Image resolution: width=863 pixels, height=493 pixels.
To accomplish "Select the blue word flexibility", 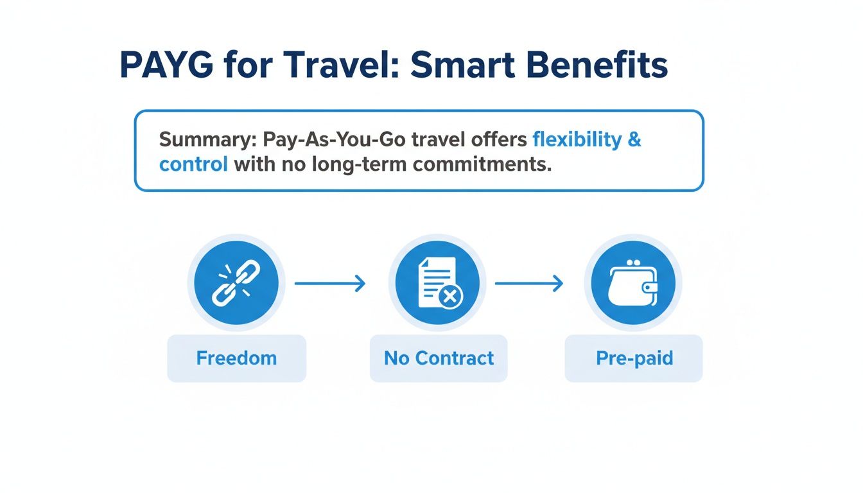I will (577, 140).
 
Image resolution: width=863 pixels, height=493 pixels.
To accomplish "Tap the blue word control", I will (193, 164).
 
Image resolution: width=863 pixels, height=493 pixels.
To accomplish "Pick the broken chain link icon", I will (236, 283).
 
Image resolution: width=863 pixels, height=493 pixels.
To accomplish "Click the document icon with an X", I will (437, 283).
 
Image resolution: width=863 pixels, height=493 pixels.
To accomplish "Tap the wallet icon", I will (632, 283).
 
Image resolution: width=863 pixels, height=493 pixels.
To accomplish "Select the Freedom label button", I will (236, 358).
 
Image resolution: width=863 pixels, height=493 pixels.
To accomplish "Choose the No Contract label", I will (439, 358).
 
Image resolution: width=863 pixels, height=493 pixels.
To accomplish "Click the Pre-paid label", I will (634, 358).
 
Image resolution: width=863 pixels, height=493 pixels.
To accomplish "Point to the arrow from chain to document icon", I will (329, 283).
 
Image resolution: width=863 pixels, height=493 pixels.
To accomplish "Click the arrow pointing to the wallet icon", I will (528, 283).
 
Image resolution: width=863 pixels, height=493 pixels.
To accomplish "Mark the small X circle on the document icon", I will (450, 297).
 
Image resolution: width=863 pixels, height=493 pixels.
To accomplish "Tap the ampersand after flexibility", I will (634, 140).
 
